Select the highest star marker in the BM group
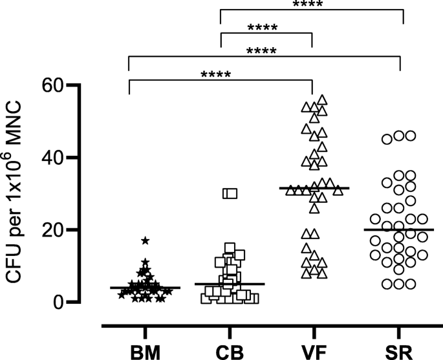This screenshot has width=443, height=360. pyautogui.click(x=146, y=240)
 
